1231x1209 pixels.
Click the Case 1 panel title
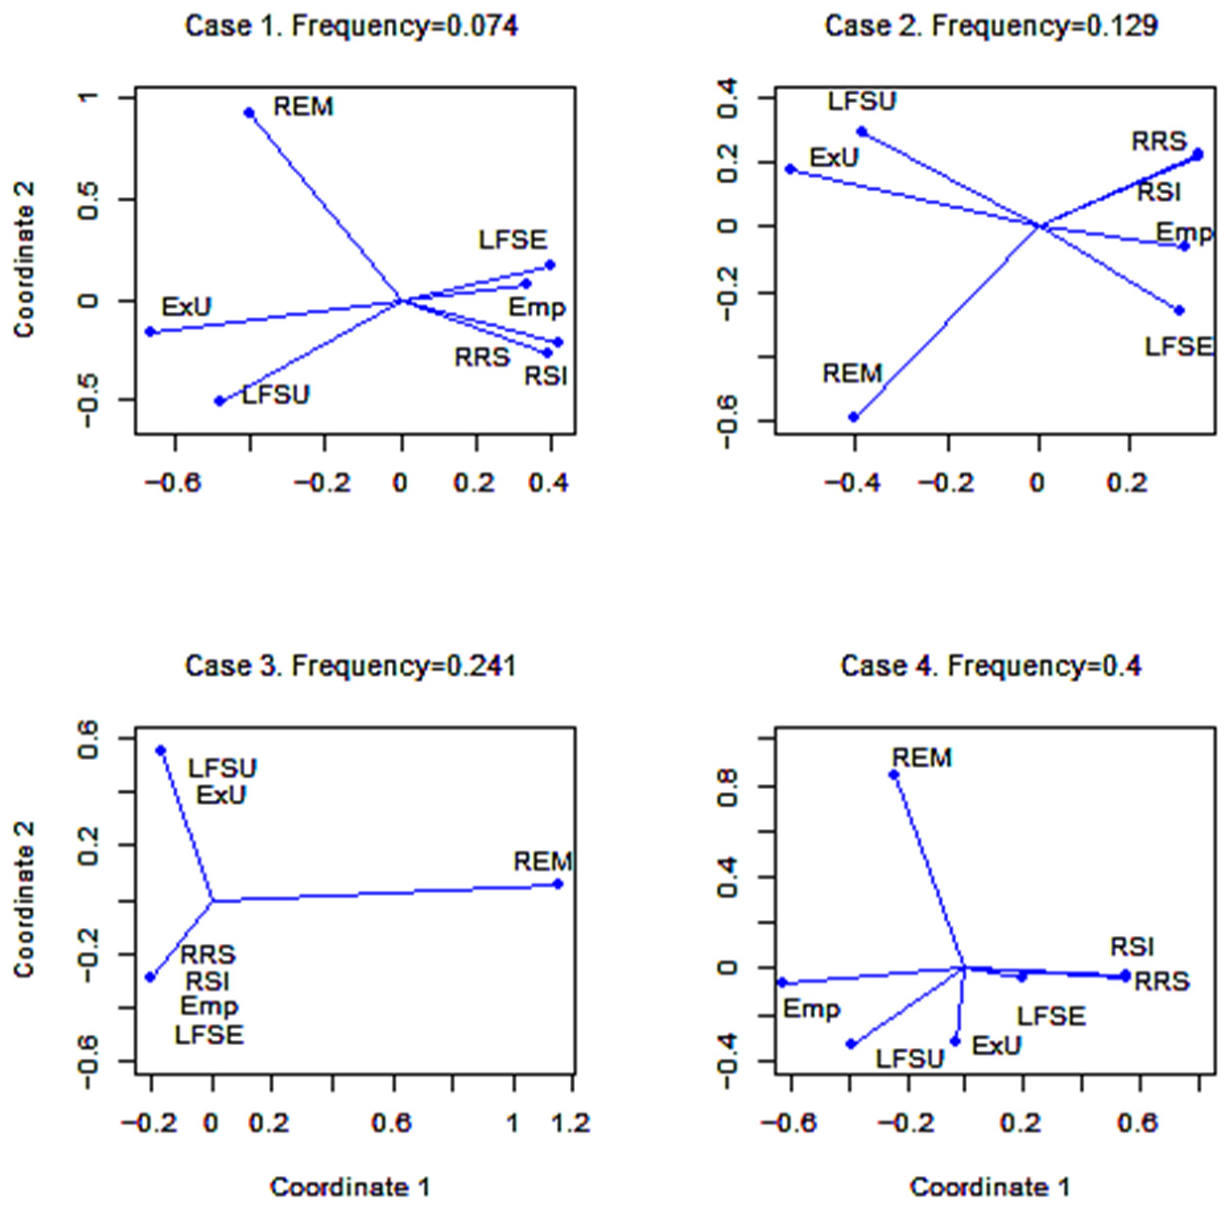351,26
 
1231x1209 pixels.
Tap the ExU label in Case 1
186,307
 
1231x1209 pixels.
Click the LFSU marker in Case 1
220,400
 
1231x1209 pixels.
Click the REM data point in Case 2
854,417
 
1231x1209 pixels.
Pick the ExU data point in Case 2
790,169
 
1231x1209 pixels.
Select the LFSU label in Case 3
222,768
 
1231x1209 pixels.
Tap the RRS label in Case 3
208,955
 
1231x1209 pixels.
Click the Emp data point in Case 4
782,982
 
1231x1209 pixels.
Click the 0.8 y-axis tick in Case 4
728,787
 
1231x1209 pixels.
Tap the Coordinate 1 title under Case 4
990,1187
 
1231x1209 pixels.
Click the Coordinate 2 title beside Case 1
25,260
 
